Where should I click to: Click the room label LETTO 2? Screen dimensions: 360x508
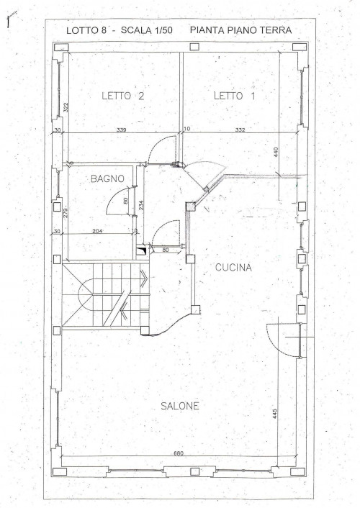123,96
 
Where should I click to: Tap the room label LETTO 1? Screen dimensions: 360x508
235,96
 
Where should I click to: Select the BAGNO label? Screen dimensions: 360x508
107,178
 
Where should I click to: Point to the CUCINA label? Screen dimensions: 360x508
233,268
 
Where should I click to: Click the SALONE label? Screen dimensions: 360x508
180,406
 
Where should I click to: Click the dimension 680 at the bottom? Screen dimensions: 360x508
179,453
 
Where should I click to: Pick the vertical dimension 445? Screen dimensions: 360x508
275,414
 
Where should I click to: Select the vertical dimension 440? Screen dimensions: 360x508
276,152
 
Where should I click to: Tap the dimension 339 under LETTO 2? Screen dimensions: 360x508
121,130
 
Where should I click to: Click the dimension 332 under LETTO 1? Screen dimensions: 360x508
240,130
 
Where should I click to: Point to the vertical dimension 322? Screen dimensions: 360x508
66,107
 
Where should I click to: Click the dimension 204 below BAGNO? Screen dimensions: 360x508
97,231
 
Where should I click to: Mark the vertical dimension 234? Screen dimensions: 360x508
141,205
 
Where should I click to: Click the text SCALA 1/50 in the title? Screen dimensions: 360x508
146,30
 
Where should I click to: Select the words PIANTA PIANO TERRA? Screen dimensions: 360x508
240,30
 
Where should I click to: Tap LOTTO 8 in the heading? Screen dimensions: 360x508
87,30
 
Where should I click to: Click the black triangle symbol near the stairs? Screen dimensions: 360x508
141,251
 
